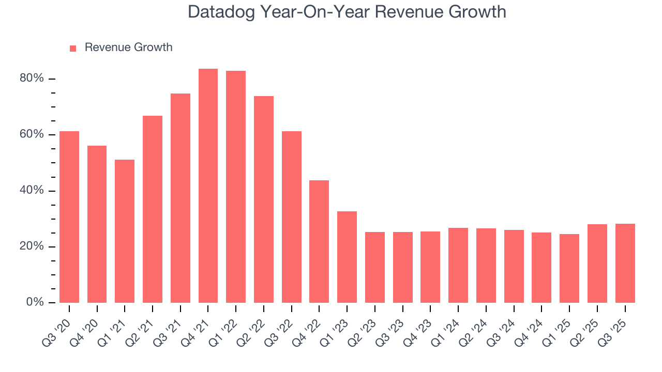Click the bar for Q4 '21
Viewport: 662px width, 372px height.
tap(208, 186)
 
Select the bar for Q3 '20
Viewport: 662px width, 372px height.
tap(69, 217)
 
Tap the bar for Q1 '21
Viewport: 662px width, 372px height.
tap(125, 231)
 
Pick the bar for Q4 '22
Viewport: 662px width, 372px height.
tap(319, 241)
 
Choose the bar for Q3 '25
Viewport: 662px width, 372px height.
tap(625, 263)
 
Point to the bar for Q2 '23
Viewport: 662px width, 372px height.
tap(374, 267)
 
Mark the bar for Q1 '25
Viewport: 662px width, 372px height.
tap(569, 268)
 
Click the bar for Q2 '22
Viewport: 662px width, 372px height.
tap(264, 199)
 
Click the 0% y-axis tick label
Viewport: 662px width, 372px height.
tap(35, 302)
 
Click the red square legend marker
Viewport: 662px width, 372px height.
tap(73, 48)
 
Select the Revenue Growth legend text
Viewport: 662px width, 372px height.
tap(128, 48)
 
